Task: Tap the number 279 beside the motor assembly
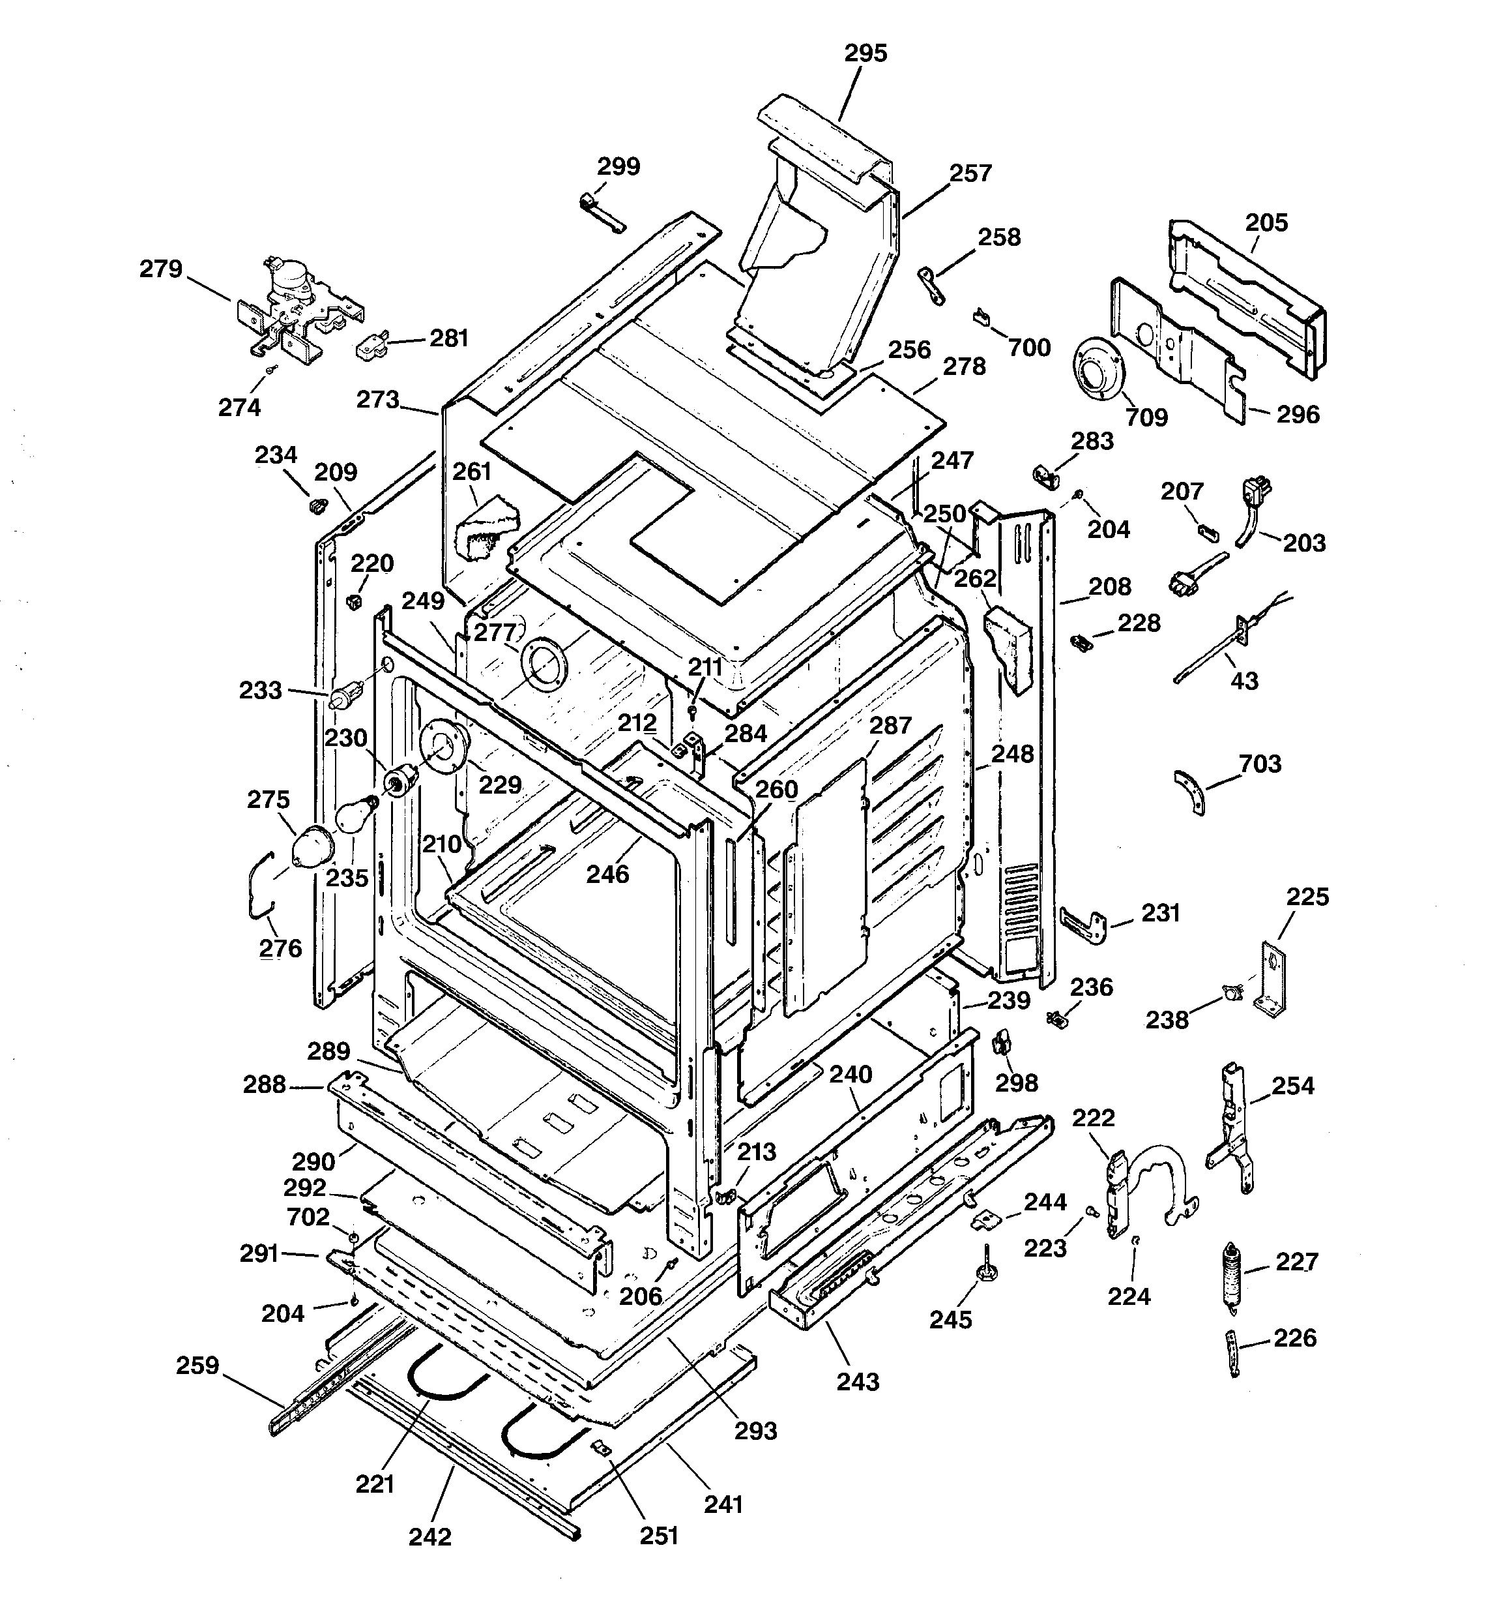click(x=161, y=269)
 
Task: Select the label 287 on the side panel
click(x=890, y=725)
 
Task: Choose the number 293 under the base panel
click(x=755, y=1431)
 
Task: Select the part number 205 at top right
click(x=1266, y=222)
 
